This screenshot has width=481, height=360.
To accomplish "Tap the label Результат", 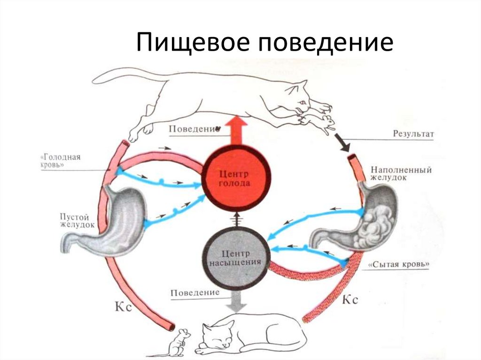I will point(413,134).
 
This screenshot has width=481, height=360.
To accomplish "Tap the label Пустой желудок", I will point(78,221).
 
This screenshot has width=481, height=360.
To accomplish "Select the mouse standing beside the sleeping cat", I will point(179,343).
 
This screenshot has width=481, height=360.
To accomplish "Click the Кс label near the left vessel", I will point(121,306).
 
